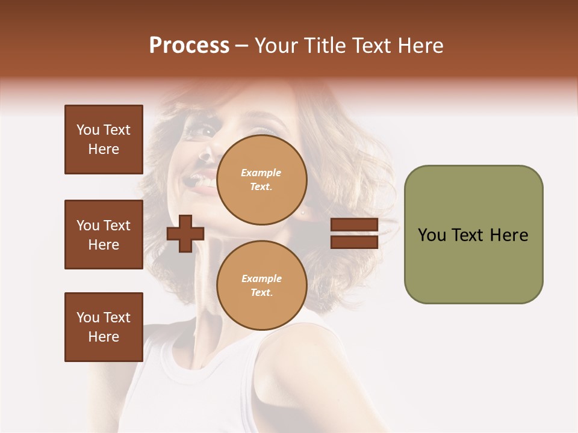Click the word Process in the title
pos(189,46)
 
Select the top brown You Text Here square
pos(104,140)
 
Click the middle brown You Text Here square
pos(104,235)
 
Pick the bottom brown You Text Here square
pos(104,327)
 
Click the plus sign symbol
pos(185,234)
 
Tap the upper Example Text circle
pos(261,179)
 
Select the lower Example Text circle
pos(261,285)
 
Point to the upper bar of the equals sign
pos(354,225)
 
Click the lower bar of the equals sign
pos(354,242)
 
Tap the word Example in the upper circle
pos(261,173)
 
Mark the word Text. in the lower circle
pos(261,293)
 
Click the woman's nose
pos(205,155)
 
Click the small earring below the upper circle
pos(303,212)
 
